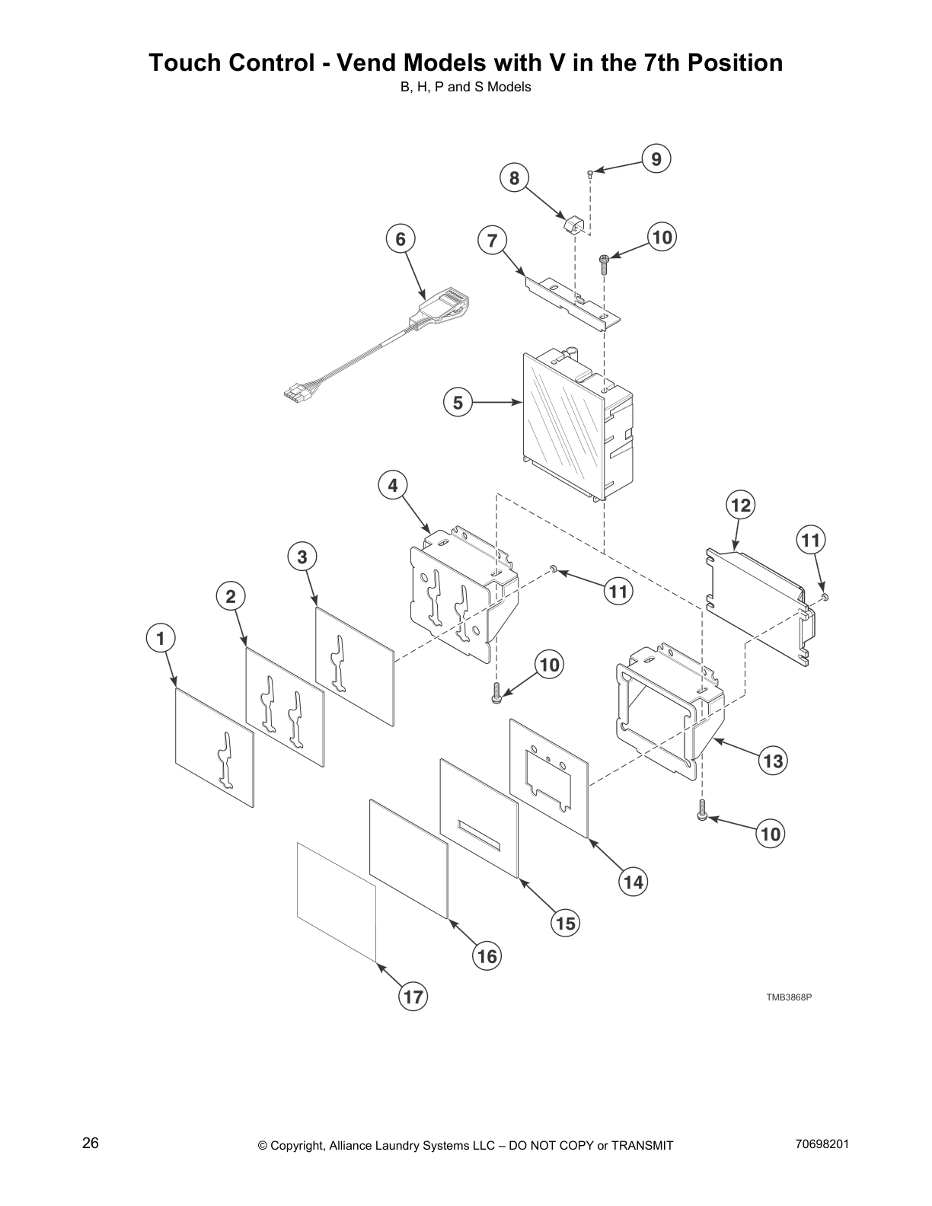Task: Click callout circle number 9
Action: pyautogui.click(x=656, y=159)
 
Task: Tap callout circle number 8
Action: pyautogui.click(x=515, y=178)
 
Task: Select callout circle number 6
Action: pyautogui.click(x=401, y=239)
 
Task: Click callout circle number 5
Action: pyautogui.click(x=458, y=402)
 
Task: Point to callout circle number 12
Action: pyautogui.click(x=740, y=505)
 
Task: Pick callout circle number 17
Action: pyautogui.click(x=413, y=997)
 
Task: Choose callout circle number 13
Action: pyautogui.click(x=772, y=761)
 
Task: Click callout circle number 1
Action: pyautogui.click(x=161, y=638)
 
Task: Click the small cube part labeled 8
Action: pyautogui.click(x=573, y=225)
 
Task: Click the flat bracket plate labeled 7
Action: pyautogui.click(x=571, y=301)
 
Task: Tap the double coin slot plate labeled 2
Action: pyautogui.click(x=284, y=707)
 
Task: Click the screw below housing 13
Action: pyautogui.click(x=702, y=815)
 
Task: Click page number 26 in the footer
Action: pyautogui.click(x=91, y=1144)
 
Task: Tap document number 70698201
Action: pyautogui.click(x=822, y=1144)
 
